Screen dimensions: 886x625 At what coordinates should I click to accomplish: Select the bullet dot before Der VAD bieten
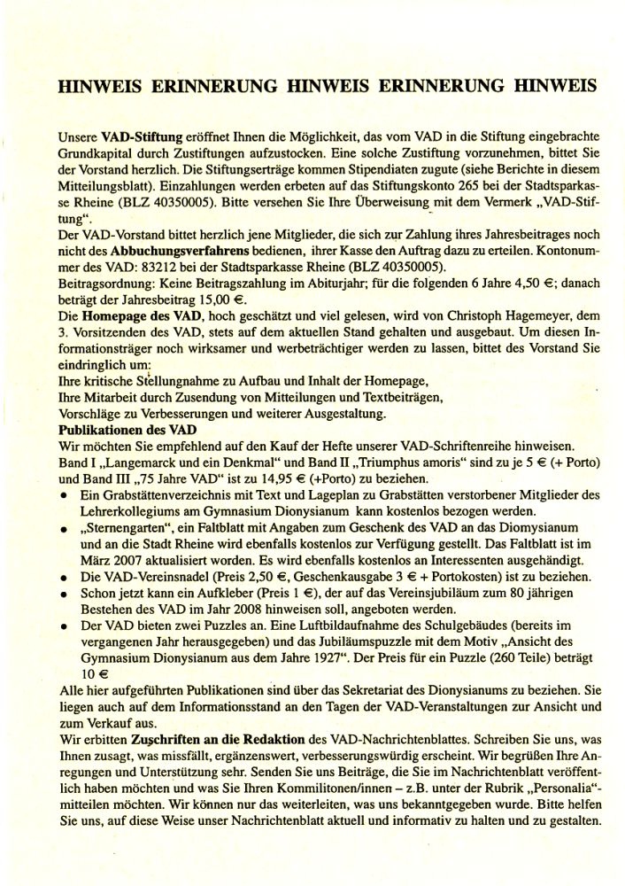coord(65,624)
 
